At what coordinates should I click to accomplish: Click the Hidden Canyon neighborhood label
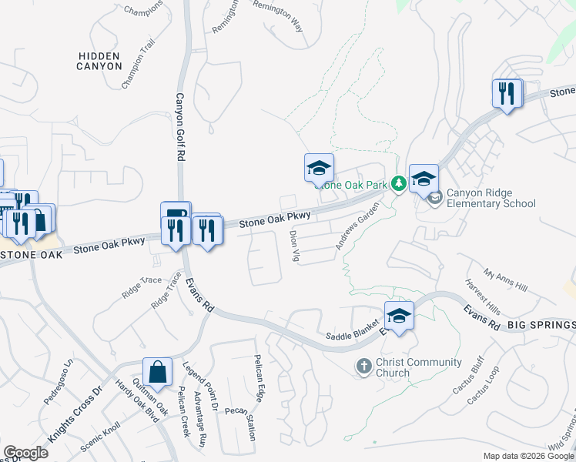click(x=99, y=61)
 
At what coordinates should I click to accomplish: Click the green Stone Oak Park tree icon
click(x=399, y=183)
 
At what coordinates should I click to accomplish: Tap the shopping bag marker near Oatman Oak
click(x=157, y=372)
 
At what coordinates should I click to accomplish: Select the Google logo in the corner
click(x=25, y=453)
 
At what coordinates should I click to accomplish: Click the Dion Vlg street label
click(x=293, y=245)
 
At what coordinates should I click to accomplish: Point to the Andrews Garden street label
click(x=357, y=226)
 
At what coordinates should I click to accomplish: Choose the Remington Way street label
click(x=277, y=18)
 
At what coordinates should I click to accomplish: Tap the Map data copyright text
click(x=529, y=456)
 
